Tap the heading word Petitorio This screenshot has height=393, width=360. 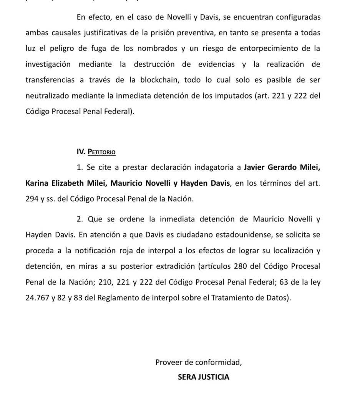coord(102,152)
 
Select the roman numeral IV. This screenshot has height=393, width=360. coord(80,152)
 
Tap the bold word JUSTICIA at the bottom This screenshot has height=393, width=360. coord(213,377)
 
